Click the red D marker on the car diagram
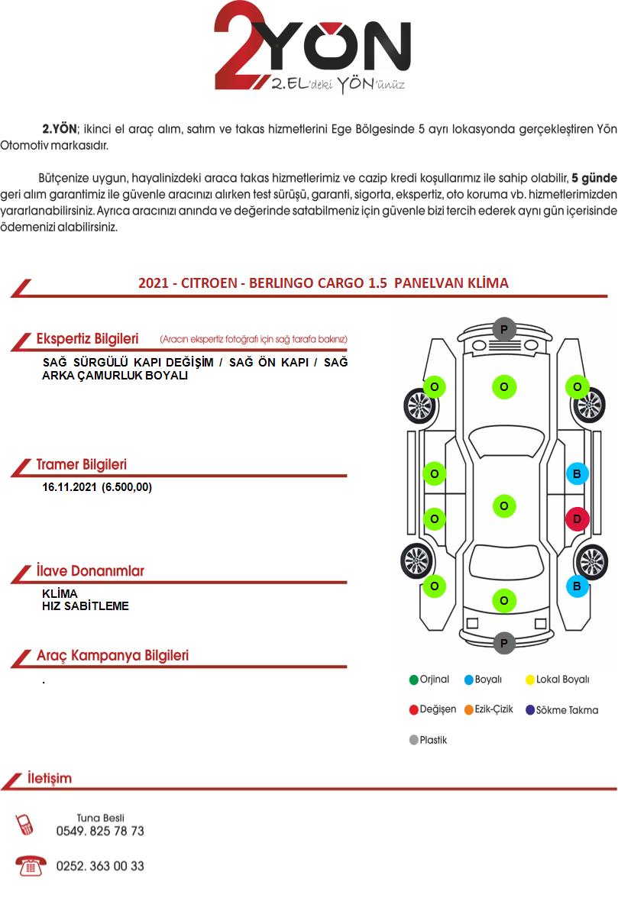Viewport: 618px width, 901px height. tap(577, 519)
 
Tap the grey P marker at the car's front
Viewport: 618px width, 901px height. tap(504, 329)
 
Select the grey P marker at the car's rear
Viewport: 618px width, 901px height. tap(504, 642)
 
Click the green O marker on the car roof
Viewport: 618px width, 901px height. tap(504, 505)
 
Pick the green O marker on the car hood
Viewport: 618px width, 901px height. tap(504, 386)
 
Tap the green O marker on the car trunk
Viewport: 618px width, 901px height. tap(504, 600)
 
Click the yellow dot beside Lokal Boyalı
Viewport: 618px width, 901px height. tap(530, 680)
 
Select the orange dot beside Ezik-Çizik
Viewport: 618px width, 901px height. tap(469, 709)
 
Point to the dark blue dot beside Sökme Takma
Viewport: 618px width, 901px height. tap(530, 709)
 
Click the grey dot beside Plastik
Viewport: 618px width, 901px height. tap(413, 740)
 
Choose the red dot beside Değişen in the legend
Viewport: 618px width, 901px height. tap(413, 709)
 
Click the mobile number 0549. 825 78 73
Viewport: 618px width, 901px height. tap(100, 831)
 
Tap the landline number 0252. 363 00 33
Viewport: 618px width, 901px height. tap(100, 866)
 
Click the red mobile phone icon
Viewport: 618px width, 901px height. tap(24, 825)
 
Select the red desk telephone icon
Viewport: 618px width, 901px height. tap(31, 865)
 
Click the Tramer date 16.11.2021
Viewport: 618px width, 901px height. tap(70, 487)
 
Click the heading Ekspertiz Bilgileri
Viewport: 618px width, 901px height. tap(87, 339)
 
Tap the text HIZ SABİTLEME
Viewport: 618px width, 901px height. tap(85, 606)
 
